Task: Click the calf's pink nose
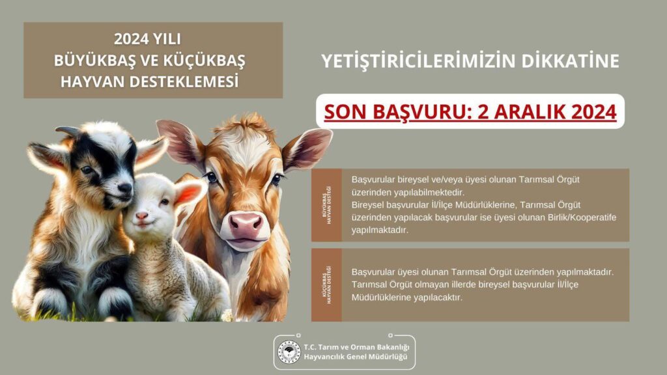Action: pos(246,225)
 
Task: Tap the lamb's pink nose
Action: pos(141,215)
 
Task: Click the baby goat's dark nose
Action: pos(124,188)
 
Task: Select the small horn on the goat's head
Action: pos(68,132)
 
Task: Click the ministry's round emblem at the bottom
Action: pos(289,352)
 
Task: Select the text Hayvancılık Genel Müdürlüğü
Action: pos(354,357)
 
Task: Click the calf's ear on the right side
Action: pos(307,146)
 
